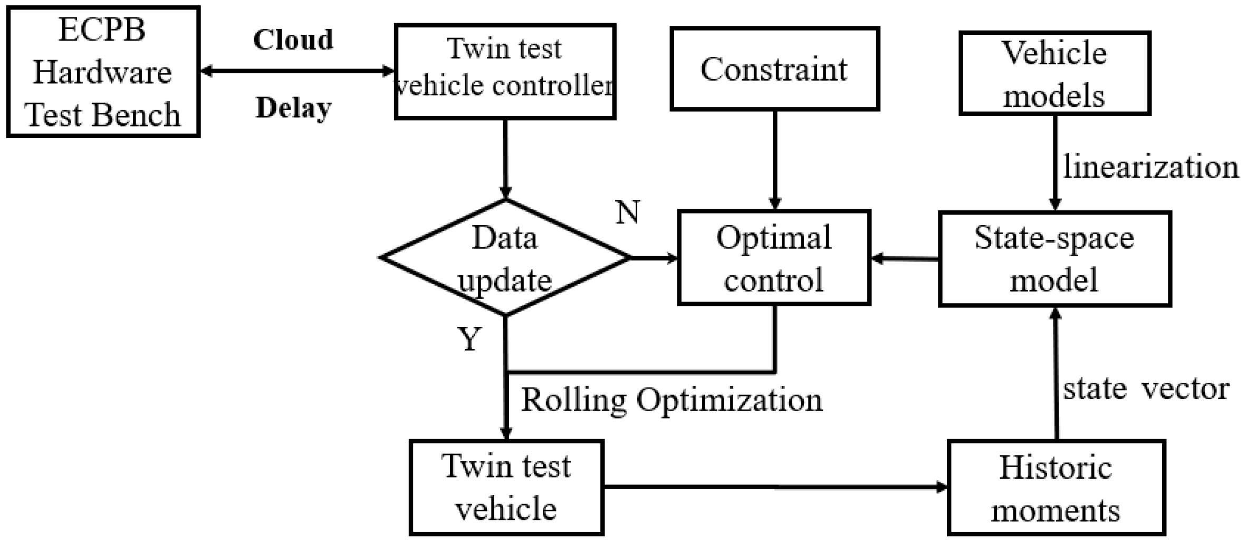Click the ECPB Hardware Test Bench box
[103, 72]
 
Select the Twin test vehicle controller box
[505, 72]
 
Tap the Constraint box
[774, 69]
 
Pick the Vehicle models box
[1054, 73]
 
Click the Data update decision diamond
[505, 258]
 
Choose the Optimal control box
[774, 258]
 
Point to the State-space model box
[1054, 259]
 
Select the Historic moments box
[1056, 488]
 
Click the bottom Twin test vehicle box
[506, 488]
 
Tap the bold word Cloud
[293, 40]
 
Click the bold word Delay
[293, 108]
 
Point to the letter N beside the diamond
[627, 212]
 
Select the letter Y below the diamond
[469, 338]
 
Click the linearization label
[1150, 167]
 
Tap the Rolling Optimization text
[672, 400]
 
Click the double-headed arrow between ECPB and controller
[298, 71]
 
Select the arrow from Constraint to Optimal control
[774, 158]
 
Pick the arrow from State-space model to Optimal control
[905, 259]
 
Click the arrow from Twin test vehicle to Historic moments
[775, 487]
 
